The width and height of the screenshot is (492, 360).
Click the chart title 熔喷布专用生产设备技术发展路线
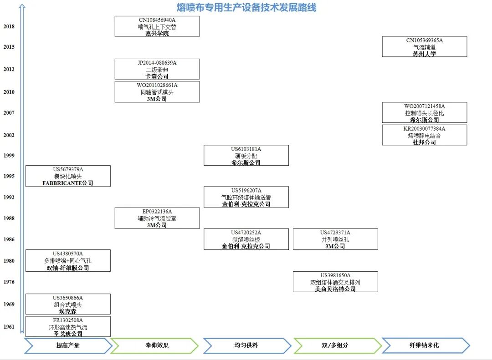click(246, 8)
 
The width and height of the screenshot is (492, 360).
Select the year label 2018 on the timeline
click(9, 26)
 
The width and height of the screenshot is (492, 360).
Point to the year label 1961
click(9, 326)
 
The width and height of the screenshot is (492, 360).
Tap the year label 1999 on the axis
click(9, 156)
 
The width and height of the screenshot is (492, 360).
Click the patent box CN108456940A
click(157, 26)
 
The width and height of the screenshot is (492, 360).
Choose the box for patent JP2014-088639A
click(157, 69)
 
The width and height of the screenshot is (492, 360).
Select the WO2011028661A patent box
click(157, 92)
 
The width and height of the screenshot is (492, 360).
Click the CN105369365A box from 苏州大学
click(425, 47)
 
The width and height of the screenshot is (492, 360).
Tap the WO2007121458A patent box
click(425, 113)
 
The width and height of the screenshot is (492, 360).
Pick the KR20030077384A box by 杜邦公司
click(425, 135)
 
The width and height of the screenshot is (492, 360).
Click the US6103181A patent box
click(246, 156)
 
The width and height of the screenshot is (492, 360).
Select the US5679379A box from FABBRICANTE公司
click(68, 176)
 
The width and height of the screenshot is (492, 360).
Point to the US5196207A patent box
click(246, 197)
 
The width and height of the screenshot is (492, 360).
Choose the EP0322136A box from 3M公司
click(157, 218)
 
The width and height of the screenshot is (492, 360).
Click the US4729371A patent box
click(335, 239)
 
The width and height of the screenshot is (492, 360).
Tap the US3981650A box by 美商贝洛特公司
click(335, 282)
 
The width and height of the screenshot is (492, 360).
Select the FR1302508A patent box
click(68, 327)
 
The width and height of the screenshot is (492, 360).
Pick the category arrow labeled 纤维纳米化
click(425, 345)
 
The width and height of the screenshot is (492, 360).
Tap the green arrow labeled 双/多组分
click(337, 345)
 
